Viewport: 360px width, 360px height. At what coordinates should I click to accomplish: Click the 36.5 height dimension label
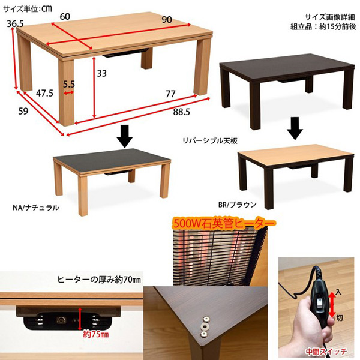(15, 23)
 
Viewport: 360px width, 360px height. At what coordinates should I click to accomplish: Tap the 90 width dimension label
(167, 20)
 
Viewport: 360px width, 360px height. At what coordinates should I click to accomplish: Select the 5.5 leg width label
(69, 84)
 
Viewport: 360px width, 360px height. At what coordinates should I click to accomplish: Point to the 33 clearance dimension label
(101, 73)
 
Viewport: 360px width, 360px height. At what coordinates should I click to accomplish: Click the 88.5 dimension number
(182, 112)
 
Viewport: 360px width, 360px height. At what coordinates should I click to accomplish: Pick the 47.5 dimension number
(44, 93)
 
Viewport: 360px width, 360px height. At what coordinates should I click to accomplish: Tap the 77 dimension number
(170, 94)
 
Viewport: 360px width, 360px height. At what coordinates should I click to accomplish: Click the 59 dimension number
(23, 112)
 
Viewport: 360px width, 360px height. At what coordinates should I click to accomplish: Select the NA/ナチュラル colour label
(36, 208)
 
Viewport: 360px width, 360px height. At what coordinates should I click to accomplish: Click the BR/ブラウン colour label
(237, 205)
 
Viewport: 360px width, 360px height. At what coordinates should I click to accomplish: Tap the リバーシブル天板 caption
(210, 140)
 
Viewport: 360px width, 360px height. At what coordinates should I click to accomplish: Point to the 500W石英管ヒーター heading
(224, 224)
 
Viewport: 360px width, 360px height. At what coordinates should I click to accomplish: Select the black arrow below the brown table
(295, 128)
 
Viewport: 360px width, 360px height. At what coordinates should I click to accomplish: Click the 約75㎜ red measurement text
(96, 334)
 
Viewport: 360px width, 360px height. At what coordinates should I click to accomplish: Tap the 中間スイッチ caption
(326, 352)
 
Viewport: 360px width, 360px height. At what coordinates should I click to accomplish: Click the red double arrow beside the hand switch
(332, 304)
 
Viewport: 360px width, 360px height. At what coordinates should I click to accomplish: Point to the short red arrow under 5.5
(68, 93)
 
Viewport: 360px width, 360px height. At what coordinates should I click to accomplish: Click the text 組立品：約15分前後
(323, 27)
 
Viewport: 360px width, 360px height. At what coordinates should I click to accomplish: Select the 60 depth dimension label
(65, 17)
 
